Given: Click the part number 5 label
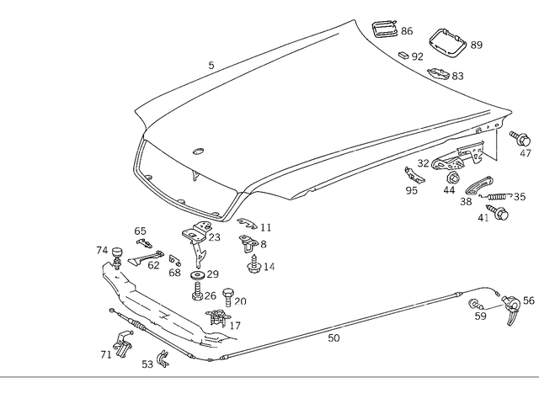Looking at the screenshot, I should tap(211, 65).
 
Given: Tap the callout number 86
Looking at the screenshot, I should tap(406, 31).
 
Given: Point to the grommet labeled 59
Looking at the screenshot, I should tap(476, 304).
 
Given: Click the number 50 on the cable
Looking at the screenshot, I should tap(334, 339).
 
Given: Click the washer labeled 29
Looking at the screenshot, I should tap(196, 276).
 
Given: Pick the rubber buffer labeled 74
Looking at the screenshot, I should tap(118, 252).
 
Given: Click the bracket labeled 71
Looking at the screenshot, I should tap(120, 344).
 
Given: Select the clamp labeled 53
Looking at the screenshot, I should tap(162, 360).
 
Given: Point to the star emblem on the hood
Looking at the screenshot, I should tap(199, 151).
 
